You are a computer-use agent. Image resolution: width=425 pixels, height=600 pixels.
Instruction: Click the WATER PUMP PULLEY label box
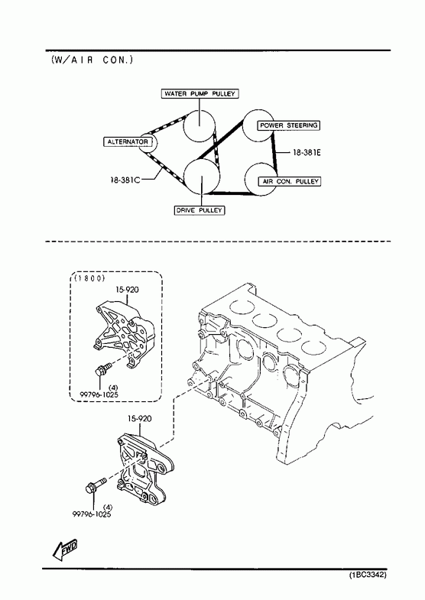tap(200, 94)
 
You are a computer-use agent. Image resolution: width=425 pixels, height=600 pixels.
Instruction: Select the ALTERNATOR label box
tap(128, 142)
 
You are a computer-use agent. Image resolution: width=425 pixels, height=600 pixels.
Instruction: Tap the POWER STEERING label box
tap(289, 125)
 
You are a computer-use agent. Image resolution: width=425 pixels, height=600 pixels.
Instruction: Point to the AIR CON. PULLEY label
tap(290, 181)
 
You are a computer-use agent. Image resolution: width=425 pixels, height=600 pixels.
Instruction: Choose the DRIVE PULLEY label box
tap(200, 210)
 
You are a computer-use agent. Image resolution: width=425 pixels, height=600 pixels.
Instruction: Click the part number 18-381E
tap(307, 153)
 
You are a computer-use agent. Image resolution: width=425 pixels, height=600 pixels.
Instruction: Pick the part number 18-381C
tap(125, 180)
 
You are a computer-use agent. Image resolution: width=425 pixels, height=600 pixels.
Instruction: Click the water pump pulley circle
tap(200, 126)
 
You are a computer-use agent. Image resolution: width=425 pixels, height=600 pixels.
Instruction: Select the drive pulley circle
tap(202, 177)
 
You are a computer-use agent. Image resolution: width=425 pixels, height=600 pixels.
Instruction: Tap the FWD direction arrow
tap(65, 551)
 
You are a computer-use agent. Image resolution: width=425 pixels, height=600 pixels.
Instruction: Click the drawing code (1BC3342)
tap(368, 575)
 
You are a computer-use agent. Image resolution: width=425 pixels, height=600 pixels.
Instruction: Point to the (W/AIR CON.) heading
tap(92, 60)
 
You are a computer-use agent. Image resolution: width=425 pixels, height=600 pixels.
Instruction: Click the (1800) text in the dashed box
tap(89, 278)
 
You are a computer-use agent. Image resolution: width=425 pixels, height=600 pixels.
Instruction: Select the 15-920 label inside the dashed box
tap(127, 290)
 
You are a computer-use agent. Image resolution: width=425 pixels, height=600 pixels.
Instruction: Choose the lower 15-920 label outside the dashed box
tap(139, 419)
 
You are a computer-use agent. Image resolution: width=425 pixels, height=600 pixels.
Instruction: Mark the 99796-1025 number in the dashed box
tap(99, 394)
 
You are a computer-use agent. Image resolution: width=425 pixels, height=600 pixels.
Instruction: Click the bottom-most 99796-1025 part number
tap(92, 514)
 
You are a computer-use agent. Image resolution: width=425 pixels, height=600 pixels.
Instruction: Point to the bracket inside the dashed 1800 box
tap(125, 335)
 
